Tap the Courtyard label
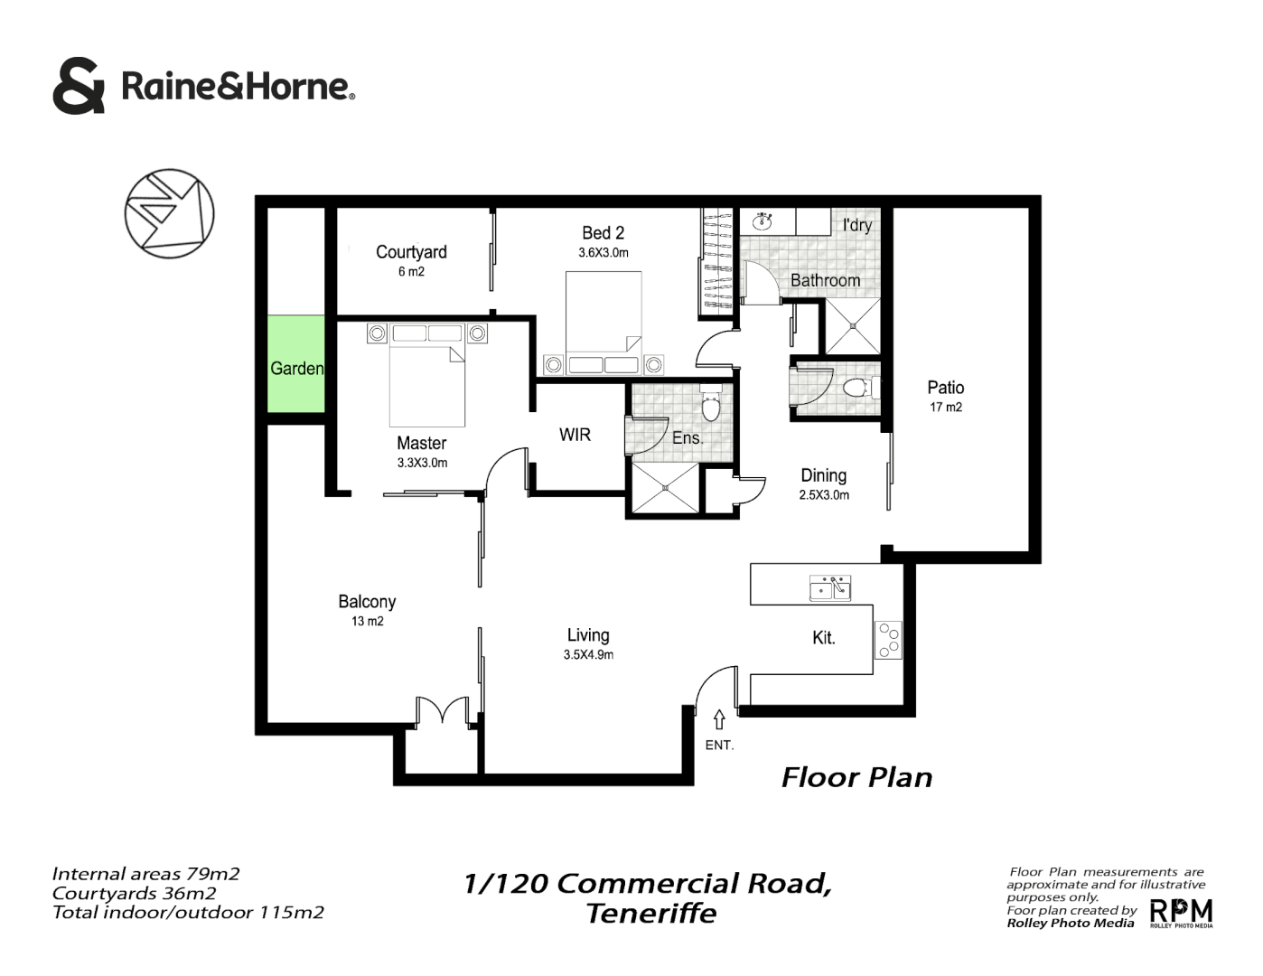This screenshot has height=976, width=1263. (x=411, y=252)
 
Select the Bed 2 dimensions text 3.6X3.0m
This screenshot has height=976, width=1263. (x=603, y=253)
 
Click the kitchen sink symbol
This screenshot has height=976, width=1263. (x=829, y=587)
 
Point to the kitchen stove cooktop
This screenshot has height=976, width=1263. (x=888, y=639)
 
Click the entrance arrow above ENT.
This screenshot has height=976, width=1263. (x=719, y=719)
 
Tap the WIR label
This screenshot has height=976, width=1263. (x=575, y=435)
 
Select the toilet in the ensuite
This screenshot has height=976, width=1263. (x=711, y=406)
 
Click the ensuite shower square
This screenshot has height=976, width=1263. (x=665, y=489)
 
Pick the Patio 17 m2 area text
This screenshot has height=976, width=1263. (x=946, y=407)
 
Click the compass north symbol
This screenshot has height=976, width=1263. (x=169, y=211)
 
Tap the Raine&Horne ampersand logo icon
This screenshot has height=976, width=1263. (x=80, y=87)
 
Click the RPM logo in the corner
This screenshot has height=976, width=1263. (x=1181, y=913)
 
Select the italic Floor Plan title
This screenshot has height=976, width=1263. (x=856, y=777)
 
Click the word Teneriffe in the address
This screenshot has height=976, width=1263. (x=651, y=914)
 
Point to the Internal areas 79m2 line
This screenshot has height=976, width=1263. (x=145, y=874)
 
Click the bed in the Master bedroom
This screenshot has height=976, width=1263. (x=426, y=384)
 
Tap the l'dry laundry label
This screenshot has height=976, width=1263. (x=856, y=225)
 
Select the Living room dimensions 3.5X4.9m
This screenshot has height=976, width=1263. (x=588, y=655)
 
